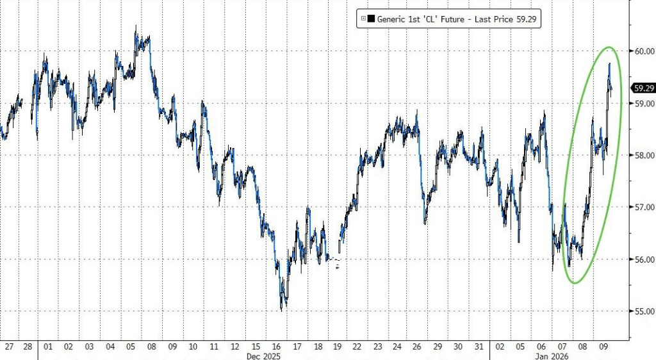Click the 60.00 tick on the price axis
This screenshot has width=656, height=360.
pos(641,51)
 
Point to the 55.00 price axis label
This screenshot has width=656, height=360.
pos(641,312)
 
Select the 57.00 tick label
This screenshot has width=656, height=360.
pos(641,208)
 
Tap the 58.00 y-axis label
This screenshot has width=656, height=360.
pos(641,156)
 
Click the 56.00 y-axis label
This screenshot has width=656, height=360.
pos(641,259)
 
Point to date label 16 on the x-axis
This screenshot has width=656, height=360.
pos(277,346)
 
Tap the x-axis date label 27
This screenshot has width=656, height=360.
pos(8,346)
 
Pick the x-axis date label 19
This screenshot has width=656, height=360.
pos(336,346)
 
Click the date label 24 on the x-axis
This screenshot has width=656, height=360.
pos(397,346)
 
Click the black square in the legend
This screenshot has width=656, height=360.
pos(372,20)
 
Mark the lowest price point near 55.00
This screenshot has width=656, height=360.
pos(281,310)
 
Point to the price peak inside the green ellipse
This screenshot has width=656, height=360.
pos(609,63)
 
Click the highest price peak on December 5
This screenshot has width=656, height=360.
pos(135,26)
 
